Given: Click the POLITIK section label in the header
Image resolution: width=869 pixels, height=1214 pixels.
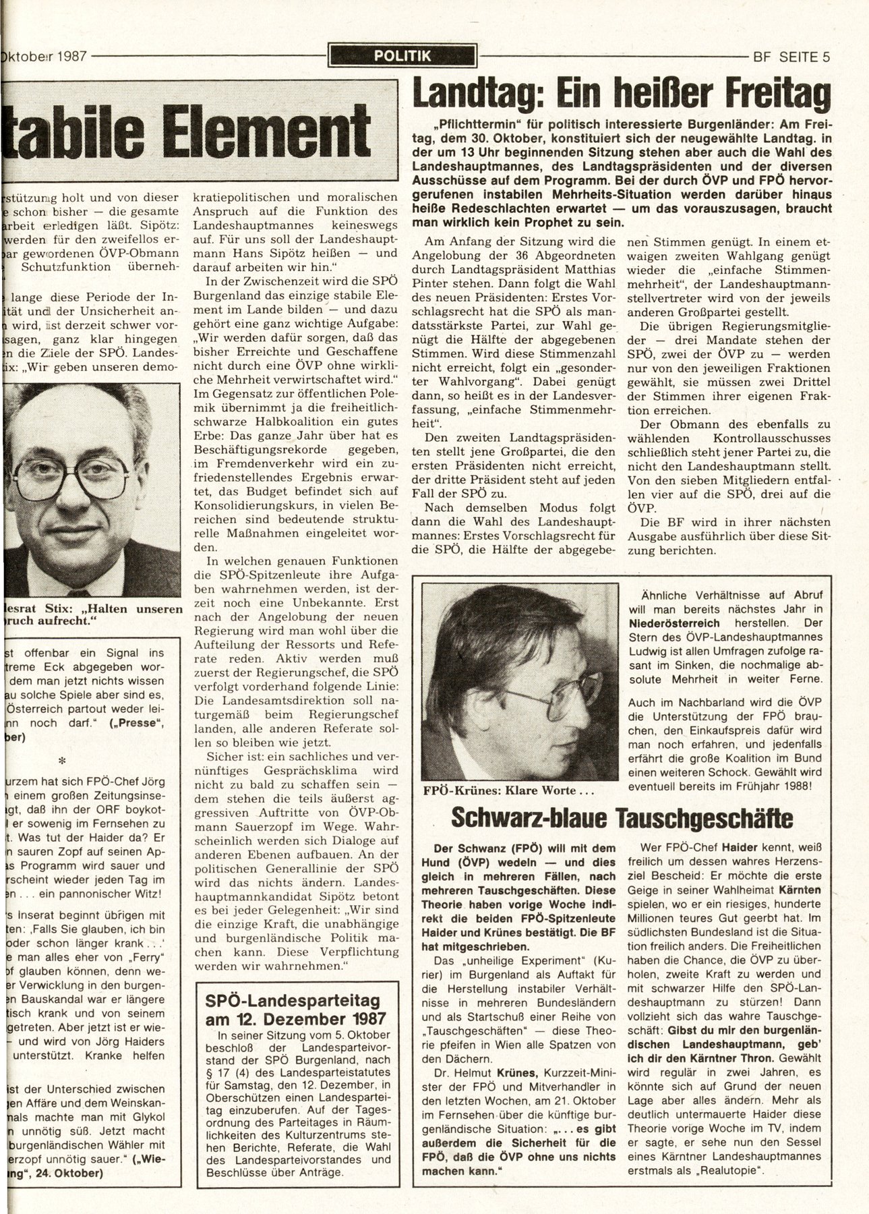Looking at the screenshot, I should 402,57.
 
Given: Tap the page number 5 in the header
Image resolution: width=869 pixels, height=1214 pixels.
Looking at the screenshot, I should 825,57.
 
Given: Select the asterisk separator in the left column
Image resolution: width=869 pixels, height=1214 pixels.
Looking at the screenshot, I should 62,760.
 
